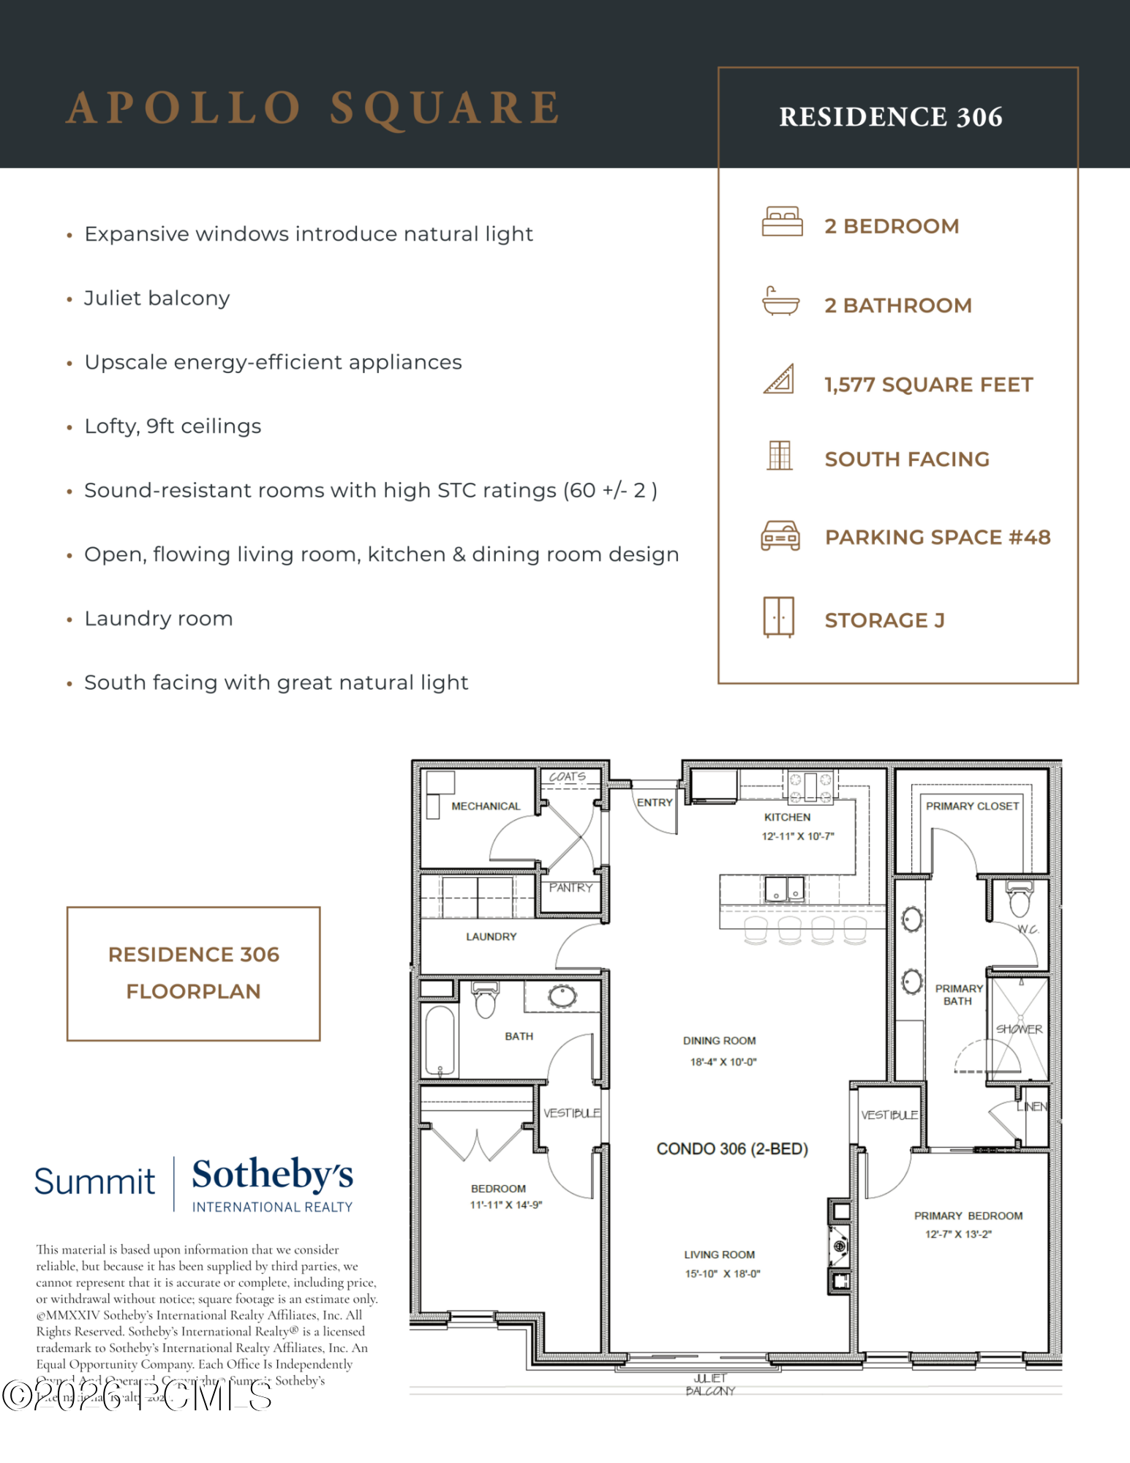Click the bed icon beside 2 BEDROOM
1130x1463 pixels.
point(781,222)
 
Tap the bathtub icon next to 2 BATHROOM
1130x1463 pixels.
point(780,301)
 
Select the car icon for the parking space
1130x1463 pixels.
point(780,536)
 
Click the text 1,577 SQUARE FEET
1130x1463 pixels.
point(928,385)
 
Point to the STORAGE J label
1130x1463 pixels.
point(884,620)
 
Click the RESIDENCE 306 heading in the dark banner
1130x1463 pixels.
point(890,117)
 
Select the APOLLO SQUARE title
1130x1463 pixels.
point(314,108)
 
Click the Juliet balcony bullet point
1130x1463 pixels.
point(157,298)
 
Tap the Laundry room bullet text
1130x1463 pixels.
point(159,619)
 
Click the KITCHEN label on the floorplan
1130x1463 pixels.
point(787,817)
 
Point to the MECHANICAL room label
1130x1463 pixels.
point(486,806)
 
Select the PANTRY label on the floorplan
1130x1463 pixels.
point(570,887)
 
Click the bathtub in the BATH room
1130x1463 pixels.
point(440,1040)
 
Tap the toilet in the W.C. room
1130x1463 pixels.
point(1019,899)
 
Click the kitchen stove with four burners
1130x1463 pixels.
point(810,788)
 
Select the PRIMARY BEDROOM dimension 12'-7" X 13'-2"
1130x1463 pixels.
point(958,1234)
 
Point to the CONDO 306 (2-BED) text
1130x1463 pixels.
point(731,1148)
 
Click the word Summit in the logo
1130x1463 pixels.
point(94,1181)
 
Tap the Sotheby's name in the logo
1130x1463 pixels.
point(272,1173)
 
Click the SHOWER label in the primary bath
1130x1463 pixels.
point(1018,1029)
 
